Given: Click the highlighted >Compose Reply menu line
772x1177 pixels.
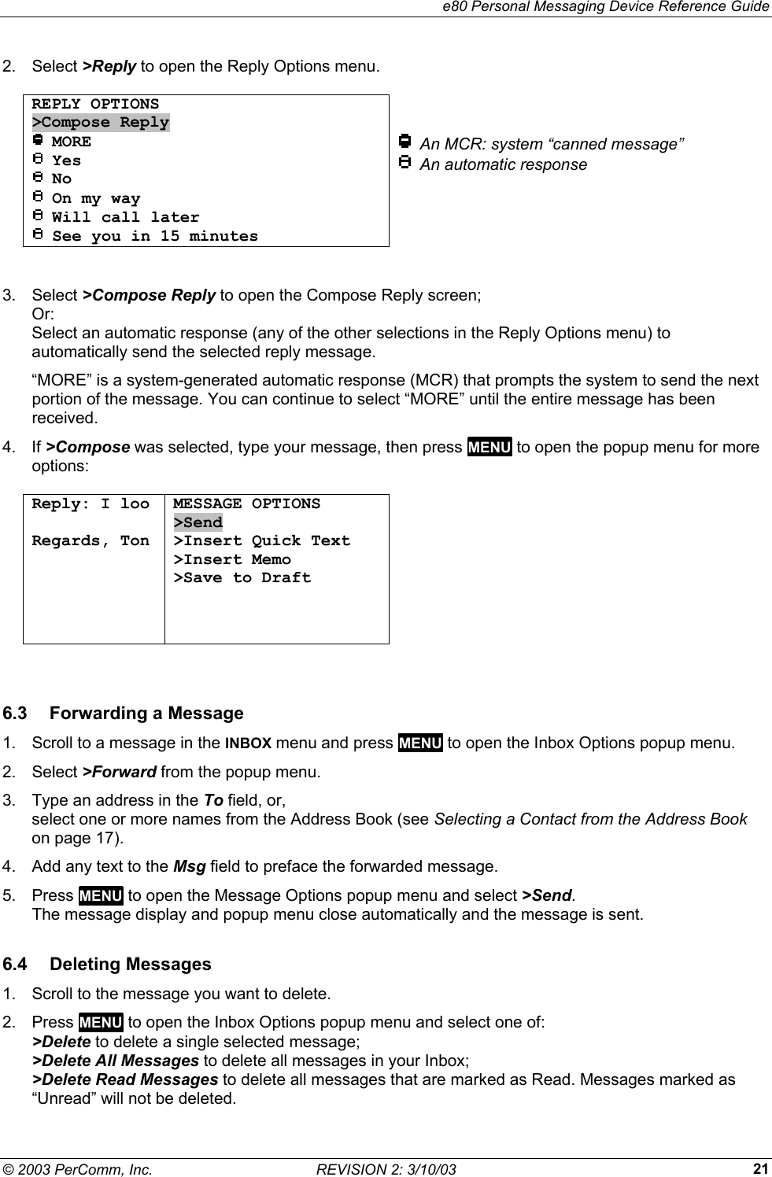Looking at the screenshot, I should [101, 123].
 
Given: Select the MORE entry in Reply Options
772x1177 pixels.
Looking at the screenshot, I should [71, 142].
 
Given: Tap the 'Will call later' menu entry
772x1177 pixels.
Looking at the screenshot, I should [125, 217].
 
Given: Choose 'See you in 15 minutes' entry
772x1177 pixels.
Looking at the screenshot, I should [154, 236].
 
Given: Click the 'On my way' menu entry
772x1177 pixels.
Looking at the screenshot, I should [95, 198].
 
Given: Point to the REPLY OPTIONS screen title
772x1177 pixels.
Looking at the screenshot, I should [95, 105].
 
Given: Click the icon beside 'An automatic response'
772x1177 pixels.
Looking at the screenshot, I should [404, 164].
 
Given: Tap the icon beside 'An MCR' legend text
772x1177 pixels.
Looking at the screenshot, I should [404, 143].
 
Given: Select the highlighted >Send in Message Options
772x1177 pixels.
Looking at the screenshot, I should [198, 522].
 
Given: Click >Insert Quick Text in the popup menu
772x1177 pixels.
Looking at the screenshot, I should [262, 541].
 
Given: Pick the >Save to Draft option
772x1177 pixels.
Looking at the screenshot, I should [242, 578].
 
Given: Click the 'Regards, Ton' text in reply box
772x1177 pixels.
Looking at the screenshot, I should [90, 541].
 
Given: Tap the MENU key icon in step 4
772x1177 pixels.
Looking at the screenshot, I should [489, 448].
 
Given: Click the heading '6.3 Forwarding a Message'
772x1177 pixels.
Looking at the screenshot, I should [124, 714].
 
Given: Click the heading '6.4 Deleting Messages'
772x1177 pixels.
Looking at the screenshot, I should [107, 965].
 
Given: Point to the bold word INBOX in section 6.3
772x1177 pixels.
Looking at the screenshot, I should [249, 743].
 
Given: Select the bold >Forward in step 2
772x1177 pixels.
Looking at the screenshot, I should [120, 772].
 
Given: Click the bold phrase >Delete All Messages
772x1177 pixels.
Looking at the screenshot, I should [115, 1061].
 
